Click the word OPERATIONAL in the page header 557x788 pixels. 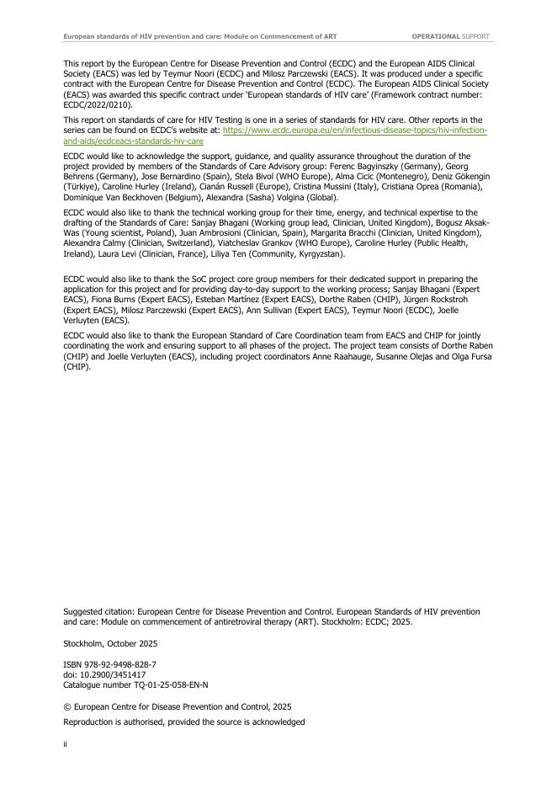coord(436,37)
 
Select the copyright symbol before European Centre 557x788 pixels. coord(66,707)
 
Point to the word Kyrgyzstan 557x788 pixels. coord(319,253)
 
